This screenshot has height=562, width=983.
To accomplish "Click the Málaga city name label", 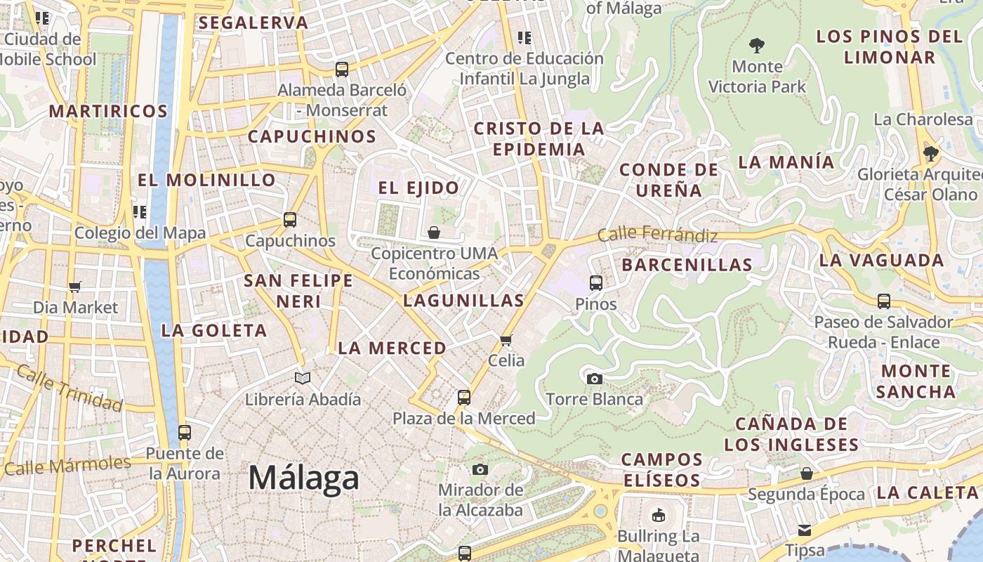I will [304, 478].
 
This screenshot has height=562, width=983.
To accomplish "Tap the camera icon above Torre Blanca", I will [594, 379].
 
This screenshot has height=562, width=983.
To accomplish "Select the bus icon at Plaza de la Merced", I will [463, 398].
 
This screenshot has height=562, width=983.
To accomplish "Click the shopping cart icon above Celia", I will [506, 341].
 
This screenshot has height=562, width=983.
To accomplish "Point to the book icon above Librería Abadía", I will [303, 379].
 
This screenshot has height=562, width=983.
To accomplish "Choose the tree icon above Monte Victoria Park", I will [756, 46].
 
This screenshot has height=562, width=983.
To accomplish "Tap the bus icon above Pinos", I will [595, 283].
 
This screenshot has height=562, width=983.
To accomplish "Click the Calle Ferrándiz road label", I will [657, 235].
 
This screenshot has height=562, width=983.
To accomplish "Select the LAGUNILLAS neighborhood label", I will [463, 301].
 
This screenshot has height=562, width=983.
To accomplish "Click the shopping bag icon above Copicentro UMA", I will [434, 233].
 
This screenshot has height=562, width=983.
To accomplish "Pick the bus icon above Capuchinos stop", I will [289, 220].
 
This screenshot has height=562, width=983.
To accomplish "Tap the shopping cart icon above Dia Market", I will [75, 287].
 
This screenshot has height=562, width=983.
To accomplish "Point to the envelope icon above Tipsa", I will [804, 530].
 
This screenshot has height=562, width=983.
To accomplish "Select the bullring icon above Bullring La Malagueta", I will [658, 516].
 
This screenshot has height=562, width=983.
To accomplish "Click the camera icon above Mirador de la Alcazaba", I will [480, 469].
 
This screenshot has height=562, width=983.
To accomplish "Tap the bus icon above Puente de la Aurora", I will [184, 433].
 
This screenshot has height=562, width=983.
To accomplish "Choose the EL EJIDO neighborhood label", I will [418, 188].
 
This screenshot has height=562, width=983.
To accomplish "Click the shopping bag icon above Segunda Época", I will [806, 473].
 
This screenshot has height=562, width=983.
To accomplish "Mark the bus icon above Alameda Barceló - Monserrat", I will [341, 70].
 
